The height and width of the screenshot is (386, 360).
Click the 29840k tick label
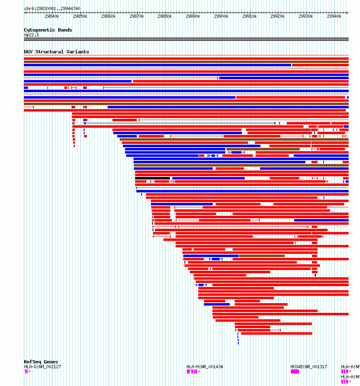pos(52,16)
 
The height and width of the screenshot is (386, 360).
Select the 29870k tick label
pos(136,16)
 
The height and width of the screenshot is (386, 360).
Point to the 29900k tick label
pos(221,16)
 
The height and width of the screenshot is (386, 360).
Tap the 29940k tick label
pos(334,16)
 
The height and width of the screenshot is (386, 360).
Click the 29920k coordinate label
pos(277,16)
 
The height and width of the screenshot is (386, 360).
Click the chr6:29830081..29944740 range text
pos(52,8)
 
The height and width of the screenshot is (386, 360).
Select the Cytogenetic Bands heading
pos(48,30)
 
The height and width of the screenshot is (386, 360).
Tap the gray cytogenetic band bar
pos(186,39)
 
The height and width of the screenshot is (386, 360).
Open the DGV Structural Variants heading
pos(56,52)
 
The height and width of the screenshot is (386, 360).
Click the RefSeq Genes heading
pos(41,362)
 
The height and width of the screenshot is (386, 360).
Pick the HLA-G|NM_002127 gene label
pos(42,367)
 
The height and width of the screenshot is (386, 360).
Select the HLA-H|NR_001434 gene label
pos(205,367)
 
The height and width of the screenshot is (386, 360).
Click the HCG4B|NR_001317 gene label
pos(309,367)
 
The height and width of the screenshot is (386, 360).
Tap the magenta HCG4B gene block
pos(295,371)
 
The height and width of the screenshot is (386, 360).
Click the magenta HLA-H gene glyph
pos(193,371)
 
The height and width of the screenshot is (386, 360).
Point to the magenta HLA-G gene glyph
pos(27,371)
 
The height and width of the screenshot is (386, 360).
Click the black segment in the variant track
pos(152,178)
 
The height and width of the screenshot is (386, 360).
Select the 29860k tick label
pos(108,16)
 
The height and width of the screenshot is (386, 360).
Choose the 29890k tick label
pos(193,16)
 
